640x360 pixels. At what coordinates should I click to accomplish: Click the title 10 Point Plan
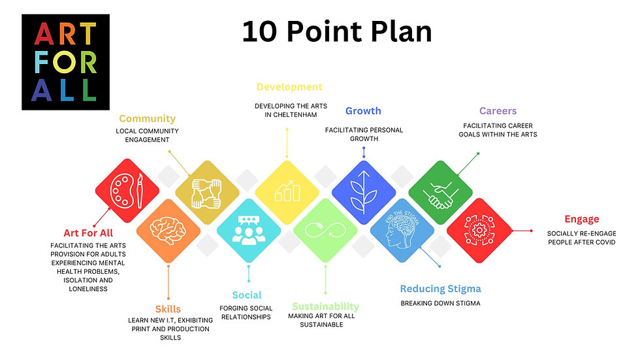click(x=337, y=31)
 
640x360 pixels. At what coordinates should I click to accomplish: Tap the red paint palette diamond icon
click(x=127, y=191)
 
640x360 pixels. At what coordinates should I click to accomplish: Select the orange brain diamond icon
click(x=168, y=230)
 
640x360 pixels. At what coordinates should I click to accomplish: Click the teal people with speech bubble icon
click(x=248, y=231)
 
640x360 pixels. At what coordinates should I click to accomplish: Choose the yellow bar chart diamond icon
click(x=286, y=191)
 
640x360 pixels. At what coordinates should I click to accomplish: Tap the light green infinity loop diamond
click(x=325, y=231)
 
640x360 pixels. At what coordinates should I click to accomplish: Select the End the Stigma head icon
click(x=402, y=231)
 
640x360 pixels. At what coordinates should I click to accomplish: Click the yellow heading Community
click(x=147, y=119)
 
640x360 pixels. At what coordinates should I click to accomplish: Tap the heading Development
click(x=289, y=87)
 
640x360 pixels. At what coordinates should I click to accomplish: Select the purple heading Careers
click(x=498, y=111)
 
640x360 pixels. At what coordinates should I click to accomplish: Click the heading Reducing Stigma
click(x=440, y=289)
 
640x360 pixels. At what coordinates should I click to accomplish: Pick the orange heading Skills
click(x=168, y=309)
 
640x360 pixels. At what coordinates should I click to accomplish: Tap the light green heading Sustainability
click(x=325, y=306)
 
